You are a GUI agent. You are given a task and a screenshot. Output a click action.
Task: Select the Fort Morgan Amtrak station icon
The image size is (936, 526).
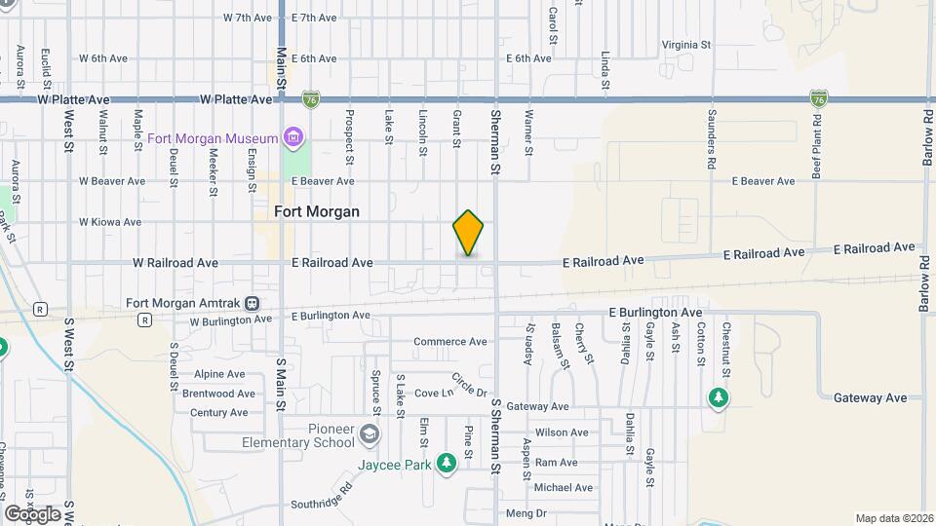253,302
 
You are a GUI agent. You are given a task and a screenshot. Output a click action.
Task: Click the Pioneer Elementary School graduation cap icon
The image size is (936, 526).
370,432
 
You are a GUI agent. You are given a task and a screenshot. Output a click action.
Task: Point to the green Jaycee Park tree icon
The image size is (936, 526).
446,464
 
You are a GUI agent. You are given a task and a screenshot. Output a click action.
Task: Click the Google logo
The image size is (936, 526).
31,513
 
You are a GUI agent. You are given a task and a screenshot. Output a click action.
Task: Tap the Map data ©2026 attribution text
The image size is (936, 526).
893,518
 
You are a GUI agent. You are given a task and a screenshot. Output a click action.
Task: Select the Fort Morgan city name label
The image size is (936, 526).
317,211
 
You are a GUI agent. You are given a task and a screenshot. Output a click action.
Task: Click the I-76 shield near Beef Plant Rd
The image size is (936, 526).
819,98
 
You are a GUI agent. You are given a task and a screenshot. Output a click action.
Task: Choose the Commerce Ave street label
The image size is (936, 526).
449,342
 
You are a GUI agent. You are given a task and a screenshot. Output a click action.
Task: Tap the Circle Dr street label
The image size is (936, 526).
469,385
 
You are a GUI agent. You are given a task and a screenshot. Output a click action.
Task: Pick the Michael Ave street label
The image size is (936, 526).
564,488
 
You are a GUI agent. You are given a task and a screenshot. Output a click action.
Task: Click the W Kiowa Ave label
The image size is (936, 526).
112,222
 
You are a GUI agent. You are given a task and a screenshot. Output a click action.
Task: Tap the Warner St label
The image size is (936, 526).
528,132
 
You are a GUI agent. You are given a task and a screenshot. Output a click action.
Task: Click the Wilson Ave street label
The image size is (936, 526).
561,432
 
